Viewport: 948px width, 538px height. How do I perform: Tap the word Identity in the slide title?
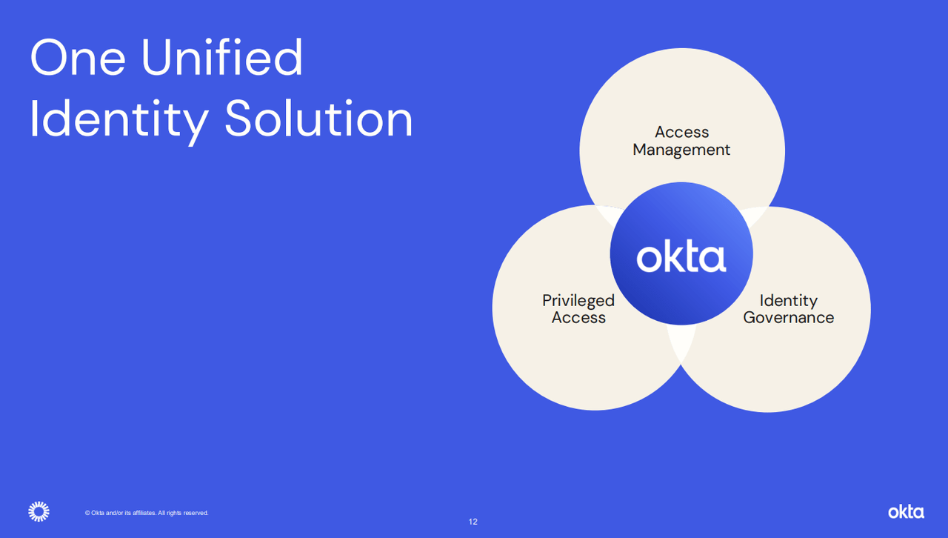click(118, 119)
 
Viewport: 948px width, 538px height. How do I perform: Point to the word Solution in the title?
click(318, 119)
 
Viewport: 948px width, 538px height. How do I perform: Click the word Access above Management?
click(681, 132)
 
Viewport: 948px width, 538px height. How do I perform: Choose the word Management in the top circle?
click(681, 150)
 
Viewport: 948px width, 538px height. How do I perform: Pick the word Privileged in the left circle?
click(578, 300)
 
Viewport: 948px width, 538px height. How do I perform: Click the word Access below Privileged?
click(578, 318)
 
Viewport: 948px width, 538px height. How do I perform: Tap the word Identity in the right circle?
click(788, 300)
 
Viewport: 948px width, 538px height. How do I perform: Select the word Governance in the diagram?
click(788, 318)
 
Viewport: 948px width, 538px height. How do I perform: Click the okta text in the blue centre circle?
click(681, 256)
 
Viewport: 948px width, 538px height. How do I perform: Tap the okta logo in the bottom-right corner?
click(906, 511)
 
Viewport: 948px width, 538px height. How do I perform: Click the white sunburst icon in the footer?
click(39, 511)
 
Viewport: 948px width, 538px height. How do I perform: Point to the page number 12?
click(473, 522)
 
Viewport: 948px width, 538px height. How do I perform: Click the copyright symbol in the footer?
click(87, 513)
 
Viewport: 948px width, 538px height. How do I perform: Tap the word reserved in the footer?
click(196, 513)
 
